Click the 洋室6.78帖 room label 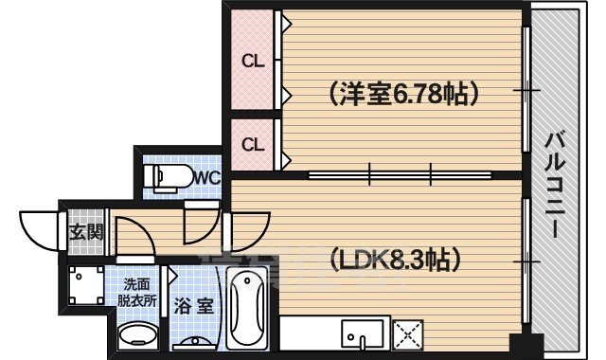403,93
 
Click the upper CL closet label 252,63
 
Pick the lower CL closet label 252,145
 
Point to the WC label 207,176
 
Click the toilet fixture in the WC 166,177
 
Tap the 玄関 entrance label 81,232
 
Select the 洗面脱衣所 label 138,292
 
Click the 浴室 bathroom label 196,307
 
